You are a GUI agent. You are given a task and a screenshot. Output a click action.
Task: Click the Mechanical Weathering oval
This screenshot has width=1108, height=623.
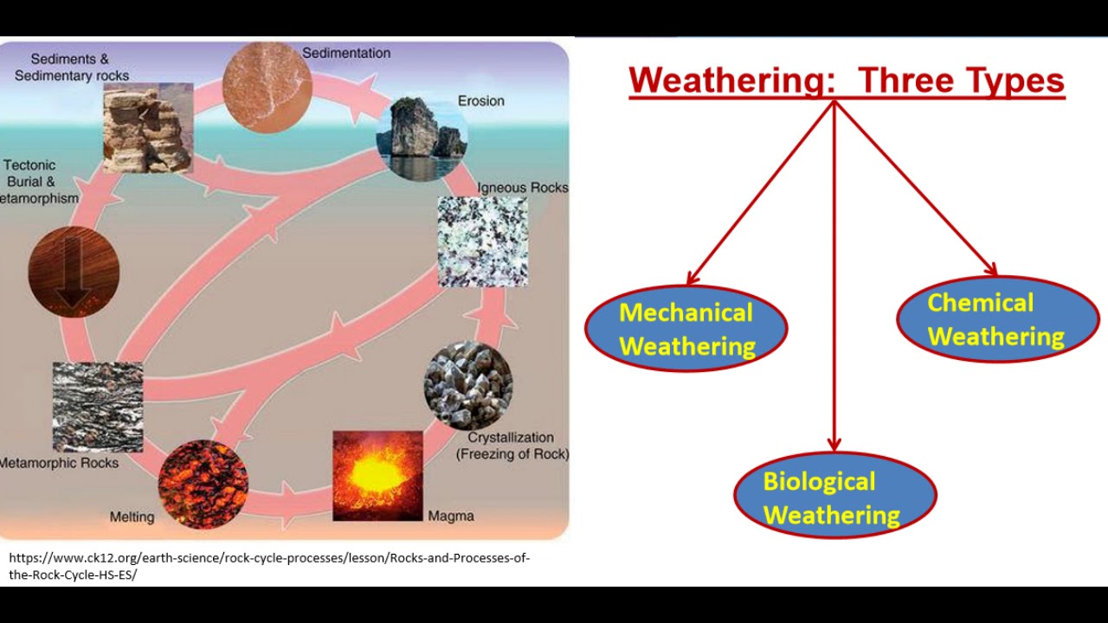(x=686, y=329)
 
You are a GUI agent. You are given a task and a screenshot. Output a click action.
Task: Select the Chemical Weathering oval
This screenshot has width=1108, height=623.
(x=997, y=319)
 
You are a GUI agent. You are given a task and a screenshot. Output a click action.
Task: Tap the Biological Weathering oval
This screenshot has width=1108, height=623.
(x=834, y=497)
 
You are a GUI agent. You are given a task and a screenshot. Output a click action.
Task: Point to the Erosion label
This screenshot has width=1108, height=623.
(x=480, y=101)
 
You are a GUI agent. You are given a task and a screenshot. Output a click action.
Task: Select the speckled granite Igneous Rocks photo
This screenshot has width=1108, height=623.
(x=482, y=241)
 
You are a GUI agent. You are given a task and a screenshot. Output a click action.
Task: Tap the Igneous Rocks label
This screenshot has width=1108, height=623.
(x=523, y=188)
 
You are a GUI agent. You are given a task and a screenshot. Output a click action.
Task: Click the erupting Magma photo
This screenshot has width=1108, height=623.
(x=377, y=476)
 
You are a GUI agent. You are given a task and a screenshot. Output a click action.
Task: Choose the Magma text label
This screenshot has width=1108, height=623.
(x=451, y=517)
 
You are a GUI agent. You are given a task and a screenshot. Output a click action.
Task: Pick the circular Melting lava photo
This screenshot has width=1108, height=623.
(x=203, y=484)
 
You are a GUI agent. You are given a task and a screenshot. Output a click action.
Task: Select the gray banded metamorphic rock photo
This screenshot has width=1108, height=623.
(x=98, y=407)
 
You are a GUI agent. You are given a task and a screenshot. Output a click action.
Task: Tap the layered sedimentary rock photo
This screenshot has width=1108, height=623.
(x=147, y=128)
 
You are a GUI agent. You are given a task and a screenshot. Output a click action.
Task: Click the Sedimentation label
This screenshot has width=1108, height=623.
(x=346, y=54)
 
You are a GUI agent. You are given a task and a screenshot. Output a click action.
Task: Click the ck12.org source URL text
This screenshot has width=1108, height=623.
(x=268, y=566)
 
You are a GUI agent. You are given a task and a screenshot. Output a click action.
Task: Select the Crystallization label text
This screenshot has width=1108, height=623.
(x=512, y=446)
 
